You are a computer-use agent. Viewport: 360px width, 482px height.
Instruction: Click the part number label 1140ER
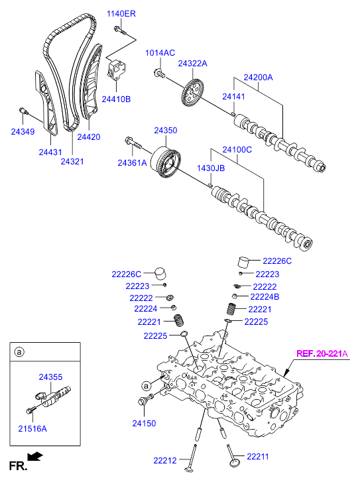coord(121,14)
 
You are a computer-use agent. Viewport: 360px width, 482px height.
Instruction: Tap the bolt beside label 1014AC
coord(159,74)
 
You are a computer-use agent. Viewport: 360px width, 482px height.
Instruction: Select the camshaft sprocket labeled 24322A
coord(192,93)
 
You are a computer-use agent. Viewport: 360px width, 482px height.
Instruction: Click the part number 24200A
coord(258,77)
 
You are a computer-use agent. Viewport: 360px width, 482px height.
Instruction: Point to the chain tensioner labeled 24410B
coord(116,70)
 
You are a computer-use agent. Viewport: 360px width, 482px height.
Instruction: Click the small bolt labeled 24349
coord(23,111)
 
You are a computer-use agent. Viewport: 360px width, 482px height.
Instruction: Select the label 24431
coord(50,152)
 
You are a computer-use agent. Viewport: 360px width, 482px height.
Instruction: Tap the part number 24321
coord(72,161)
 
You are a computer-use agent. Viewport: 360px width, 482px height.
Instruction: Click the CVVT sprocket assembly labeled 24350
coord(165,162)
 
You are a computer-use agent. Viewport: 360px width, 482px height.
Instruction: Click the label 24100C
coord(237,150)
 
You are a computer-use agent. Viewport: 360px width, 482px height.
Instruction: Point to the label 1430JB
coord(211,168)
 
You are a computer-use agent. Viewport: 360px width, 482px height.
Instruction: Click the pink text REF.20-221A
coord(322,354)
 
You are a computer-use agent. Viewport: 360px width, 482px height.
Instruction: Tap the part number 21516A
coord(32,428)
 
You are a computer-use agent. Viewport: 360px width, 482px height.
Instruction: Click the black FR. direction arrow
coord(34,457)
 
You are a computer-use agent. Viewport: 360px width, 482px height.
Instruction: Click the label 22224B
coord(265,297)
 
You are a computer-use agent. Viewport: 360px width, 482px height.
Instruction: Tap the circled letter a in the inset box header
coord(19,351)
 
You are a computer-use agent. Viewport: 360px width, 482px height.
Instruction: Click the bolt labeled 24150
coord(145,399)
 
